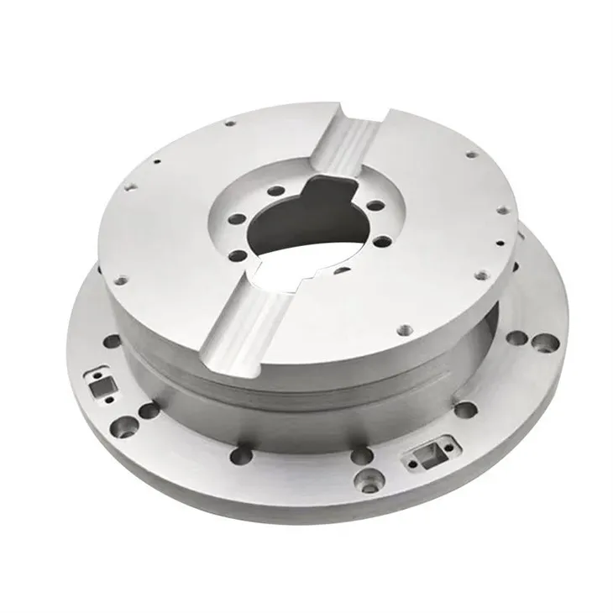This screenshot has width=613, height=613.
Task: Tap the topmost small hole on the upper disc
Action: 228,123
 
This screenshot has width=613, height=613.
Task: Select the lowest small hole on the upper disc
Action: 403,328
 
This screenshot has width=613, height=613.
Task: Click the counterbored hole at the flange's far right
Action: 544,343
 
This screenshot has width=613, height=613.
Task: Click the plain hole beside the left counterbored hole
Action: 148,411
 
